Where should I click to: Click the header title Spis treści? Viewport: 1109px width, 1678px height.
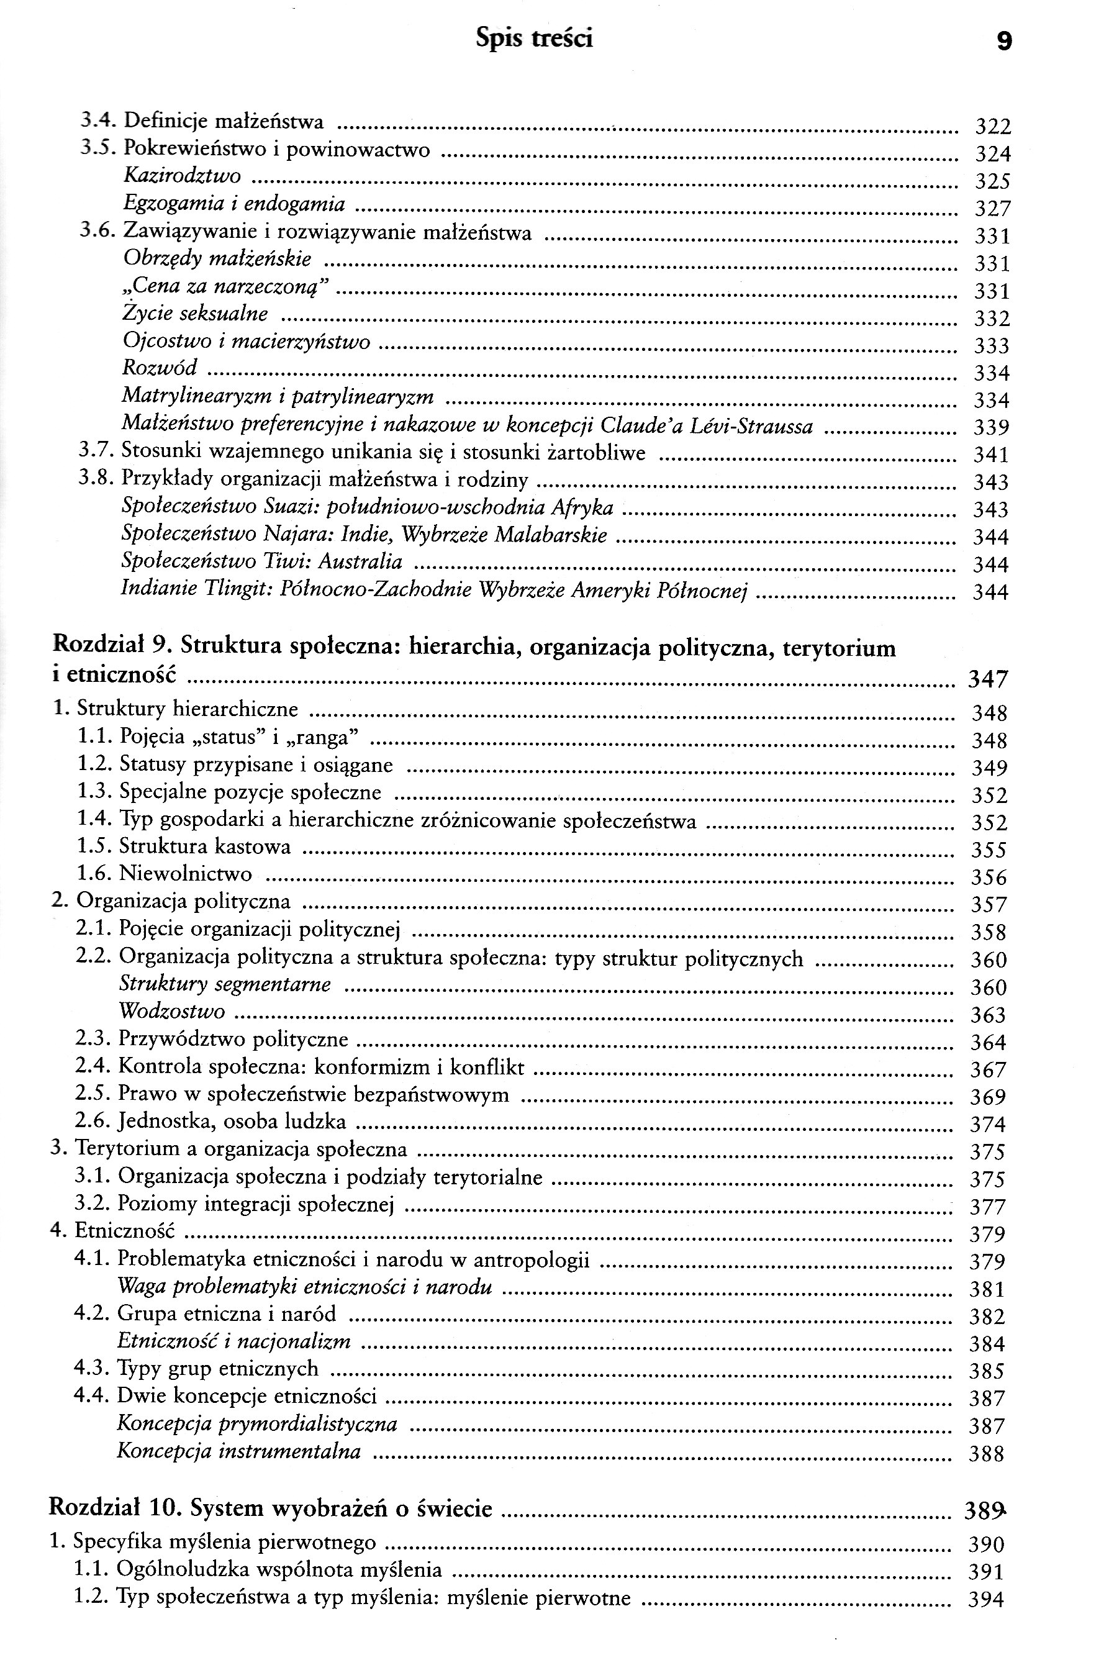[534, 39]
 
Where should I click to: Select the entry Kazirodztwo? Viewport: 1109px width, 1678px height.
[182, 176]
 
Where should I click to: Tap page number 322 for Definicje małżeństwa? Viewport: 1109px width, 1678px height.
[993, 127]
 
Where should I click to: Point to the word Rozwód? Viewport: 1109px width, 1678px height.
[159, 368]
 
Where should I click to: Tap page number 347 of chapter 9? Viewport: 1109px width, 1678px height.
[987, 679]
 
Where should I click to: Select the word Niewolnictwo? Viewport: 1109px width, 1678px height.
[185, 874]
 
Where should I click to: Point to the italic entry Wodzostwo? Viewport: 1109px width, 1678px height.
[172, 1012]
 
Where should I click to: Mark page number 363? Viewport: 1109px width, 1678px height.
[987, 1015]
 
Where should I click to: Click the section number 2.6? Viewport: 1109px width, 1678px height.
[93, 1122]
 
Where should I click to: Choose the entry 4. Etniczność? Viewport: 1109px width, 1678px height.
[112, 1231]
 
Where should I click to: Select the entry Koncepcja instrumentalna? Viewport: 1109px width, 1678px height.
[238, 1451]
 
